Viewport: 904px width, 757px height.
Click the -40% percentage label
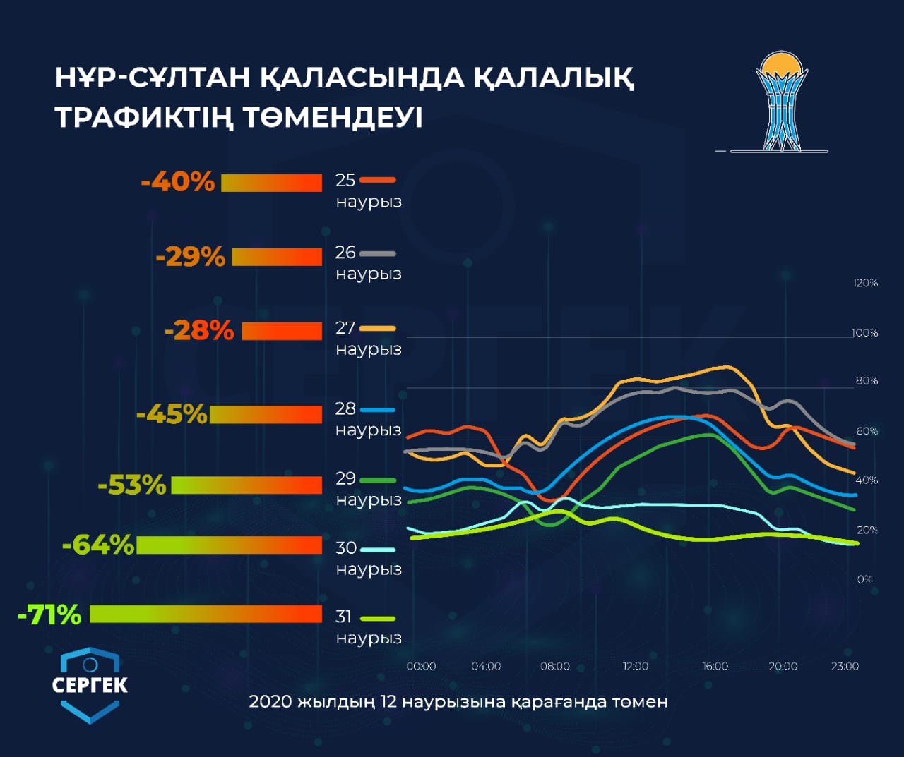click(177, 182)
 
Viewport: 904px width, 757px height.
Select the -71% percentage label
click(49, 615)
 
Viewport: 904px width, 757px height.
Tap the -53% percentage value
click(132, 485)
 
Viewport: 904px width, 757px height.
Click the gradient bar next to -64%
click(229, 545)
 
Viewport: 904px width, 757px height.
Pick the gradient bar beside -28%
click(282, 331)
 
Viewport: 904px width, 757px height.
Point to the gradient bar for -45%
click(266, 414)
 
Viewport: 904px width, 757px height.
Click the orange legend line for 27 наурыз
click(377, 328)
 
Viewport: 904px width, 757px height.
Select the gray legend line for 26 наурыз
click(377, 253)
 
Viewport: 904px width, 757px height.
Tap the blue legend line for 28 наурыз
click(377, 409)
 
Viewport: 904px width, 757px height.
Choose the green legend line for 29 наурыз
click(377, 480)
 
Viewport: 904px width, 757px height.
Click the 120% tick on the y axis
click(865, 283)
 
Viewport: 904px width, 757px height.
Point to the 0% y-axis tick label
click(864, 579)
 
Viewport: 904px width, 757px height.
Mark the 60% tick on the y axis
click(867, 431)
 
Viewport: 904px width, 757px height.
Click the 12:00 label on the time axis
click(635, 666)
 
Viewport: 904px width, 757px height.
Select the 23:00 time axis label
click(845, 666)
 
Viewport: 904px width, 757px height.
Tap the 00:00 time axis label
click(421, 666)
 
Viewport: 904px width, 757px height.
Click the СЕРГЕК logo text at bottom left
click(90, 685)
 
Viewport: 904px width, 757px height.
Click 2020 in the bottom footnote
click(270, 702)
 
